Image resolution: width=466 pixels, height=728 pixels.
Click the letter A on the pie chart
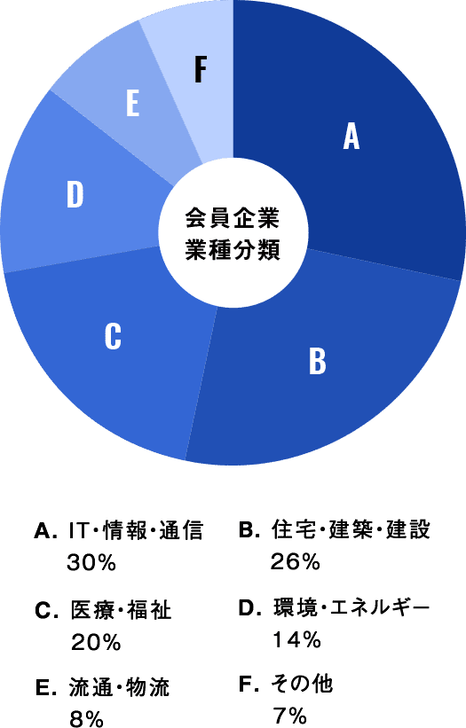coord(351,137)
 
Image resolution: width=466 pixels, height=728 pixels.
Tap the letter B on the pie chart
coord(318,361)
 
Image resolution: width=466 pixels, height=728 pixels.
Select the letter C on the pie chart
coord(113,336)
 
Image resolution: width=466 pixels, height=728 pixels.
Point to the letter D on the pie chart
coord(75,194)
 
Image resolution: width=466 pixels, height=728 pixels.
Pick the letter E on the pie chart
coord(133,104)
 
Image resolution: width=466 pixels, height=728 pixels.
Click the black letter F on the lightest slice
coord(201,69)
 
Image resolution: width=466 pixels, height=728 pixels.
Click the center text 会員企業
coord(233,218)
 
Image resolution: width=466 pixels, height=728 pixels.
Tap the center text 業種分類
coord(233,250)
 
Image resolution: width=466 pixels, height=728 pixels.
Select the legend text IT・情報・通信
coord(136,530)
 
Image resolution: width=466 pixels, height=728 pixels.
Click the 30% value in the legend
coord(91,563)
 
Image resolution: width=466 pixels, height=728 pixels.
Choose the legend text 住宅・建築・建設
coord(351,529)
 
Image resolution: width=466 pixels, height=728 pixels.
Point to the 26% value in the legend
coord(296,562)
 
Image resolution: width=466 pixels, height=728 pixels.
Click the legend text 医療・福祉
coord(122,610)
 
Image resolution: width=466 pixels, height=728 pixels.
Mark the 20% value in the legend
coord(96,643)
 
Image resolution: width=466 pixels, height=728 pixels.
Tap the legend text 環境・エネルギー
coord(351,608)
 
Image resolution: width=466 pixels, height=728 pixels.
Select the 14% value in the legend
coord(296,640)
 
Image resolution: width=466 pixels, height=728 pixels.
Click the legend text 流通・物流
coord(120,687)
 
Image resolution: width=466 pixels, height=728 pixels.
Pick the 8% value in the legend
coord(86,719)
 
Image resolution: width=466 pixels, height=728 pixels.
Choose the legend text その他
coord(303,684)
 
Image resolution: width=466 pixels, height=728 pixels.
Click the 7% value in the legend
coord(289,716)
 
